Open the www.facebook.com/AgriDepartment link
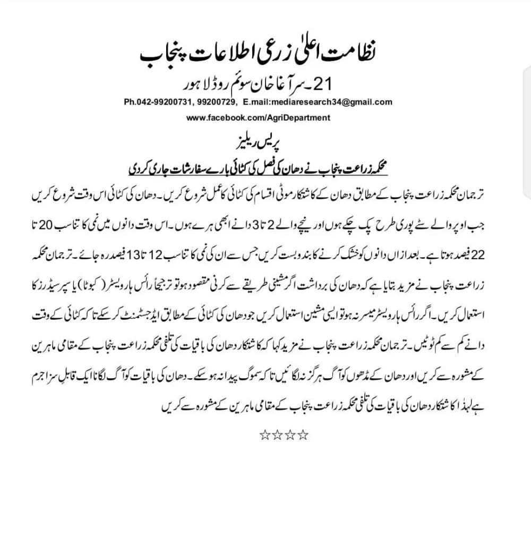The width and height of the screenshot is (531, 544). point(258,117)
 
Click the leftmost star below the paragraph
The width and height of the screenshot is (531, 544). point(264,436)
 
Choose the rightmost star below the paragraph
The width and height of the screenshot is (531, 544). point(303,436)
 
